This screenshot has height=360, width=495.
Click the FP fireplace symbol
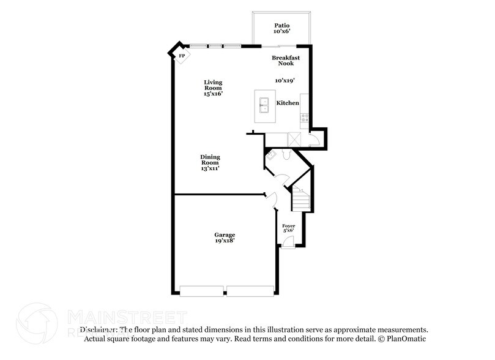(182, 56)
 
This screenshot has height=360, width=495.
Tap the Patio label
(281, 26)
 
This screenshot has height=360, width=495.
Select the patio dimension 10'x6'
(281, 32)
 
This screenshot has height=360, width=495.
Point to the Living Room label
(213, 85)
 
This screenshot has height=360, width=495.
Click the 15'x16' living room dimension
(213, 93)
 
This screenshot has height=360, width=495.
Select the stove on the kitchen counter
(303, 116)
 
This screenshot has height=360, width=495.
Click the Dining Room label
(210, 160)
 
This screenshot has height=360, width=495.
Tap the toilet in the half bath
(286, 156)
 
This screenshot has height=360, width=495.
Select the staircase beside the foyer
(300, 199)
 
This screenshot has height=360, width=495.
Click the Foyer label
(288, 226)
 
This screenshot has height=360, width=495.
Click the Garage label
(225, 234)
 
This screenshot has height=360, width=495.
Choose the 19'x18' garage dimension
(225, 241)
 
